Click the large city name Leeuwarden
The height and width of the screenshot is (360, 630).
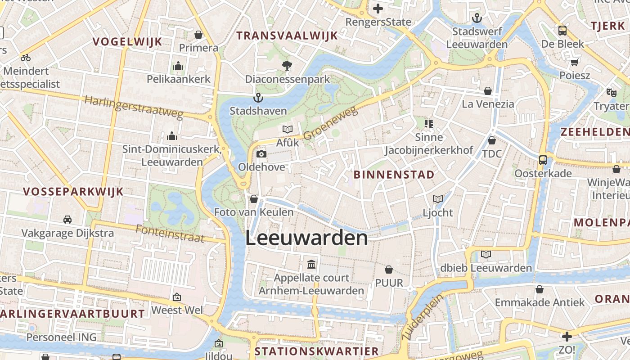point(306,238)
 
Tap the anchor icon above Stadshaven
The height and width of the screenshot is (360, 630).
point(258,97)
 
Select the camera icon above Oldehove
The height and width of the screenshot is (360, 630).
point(261,154)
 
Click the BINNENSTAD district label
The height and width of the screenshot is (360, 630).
point(394,175)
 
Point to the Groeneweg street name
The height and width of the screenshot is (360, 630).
point(330,123)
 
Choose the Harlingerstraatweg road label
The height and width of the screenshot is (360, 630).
point(134,108)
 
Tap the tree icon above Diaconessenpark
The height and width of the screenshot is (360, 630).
point(287,66)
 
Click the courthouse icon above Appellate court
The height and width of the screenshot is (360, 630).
point(311,264)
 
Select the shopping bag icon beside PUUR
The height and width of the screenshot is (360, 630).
point(389,270)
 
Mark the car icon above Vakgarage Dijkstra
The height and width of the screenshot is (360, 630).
point(67,220)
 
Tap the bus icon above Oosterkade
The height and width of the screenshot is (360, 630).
point(543,160)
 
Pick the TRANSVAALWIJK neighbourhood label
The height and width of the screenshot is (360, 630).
point(287,36)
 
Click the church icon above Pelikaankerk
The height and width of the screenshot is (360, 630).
point(178,66)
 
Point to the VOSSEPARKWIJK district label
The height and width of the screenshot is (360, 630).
point(73,191)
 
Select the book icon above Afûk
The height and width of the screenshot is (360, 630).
point(288,129)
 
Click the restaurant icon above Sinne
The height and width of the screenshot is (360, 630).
point(428,123)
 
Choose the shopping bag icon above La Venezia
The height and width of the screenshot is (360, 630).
point(487,91)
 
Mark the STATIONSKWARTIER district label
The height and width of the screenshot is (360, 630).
point(317,351)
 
